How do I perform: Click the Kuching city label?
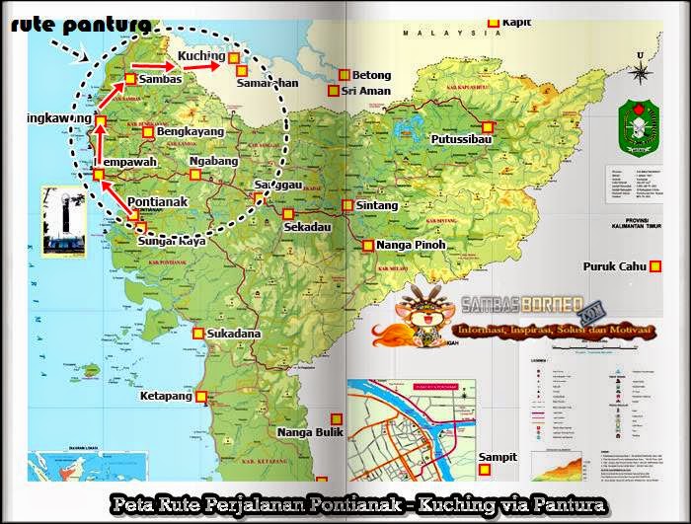point(200,57)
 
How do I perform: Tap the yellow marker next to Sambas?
point(130,79)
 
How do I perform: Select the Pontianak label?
point(159,201)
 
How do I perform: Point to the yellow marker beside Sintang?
point(347,205)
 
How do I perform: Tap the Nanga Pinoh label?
point(412,245)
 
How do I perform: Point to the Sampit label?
point(498,457)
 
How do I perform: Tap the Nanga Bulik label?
point(309,432)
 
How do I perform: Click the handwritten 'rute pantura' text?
point(81,23)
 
